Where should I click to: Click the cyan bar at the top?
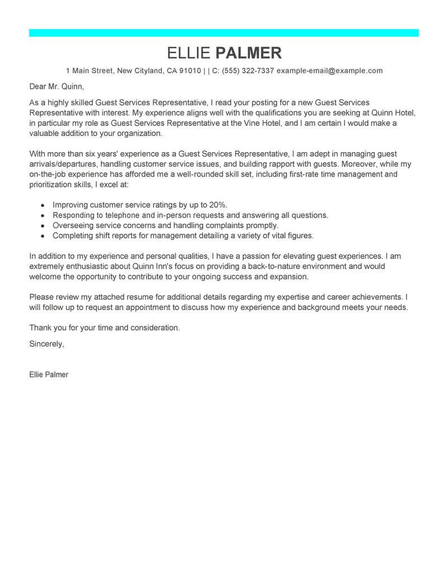[x=224, y=33]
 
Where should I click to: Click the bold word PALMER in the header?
[x=249, y=53]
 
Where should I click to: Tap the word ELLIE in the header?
[x=189, y=53]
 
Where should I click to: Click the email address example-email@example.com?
[x=330, y=71]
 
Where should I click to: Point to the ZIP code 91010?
[x=190, y=71]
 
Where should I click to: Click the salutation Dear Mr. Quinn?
[x=56, y=87]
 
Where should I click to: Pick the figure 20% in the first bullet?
[x=216, y=205]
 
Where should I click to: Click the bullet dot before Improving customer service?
[x=43, y=205]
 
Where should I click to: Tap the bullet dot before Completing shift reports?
[x=43, y=236]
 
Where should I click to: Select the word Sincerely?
[x=46, y=344]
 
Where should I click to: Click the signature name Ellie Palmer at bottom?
[x=49, y=375]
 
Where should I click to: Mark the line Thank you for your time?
[x=104, y=328]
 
